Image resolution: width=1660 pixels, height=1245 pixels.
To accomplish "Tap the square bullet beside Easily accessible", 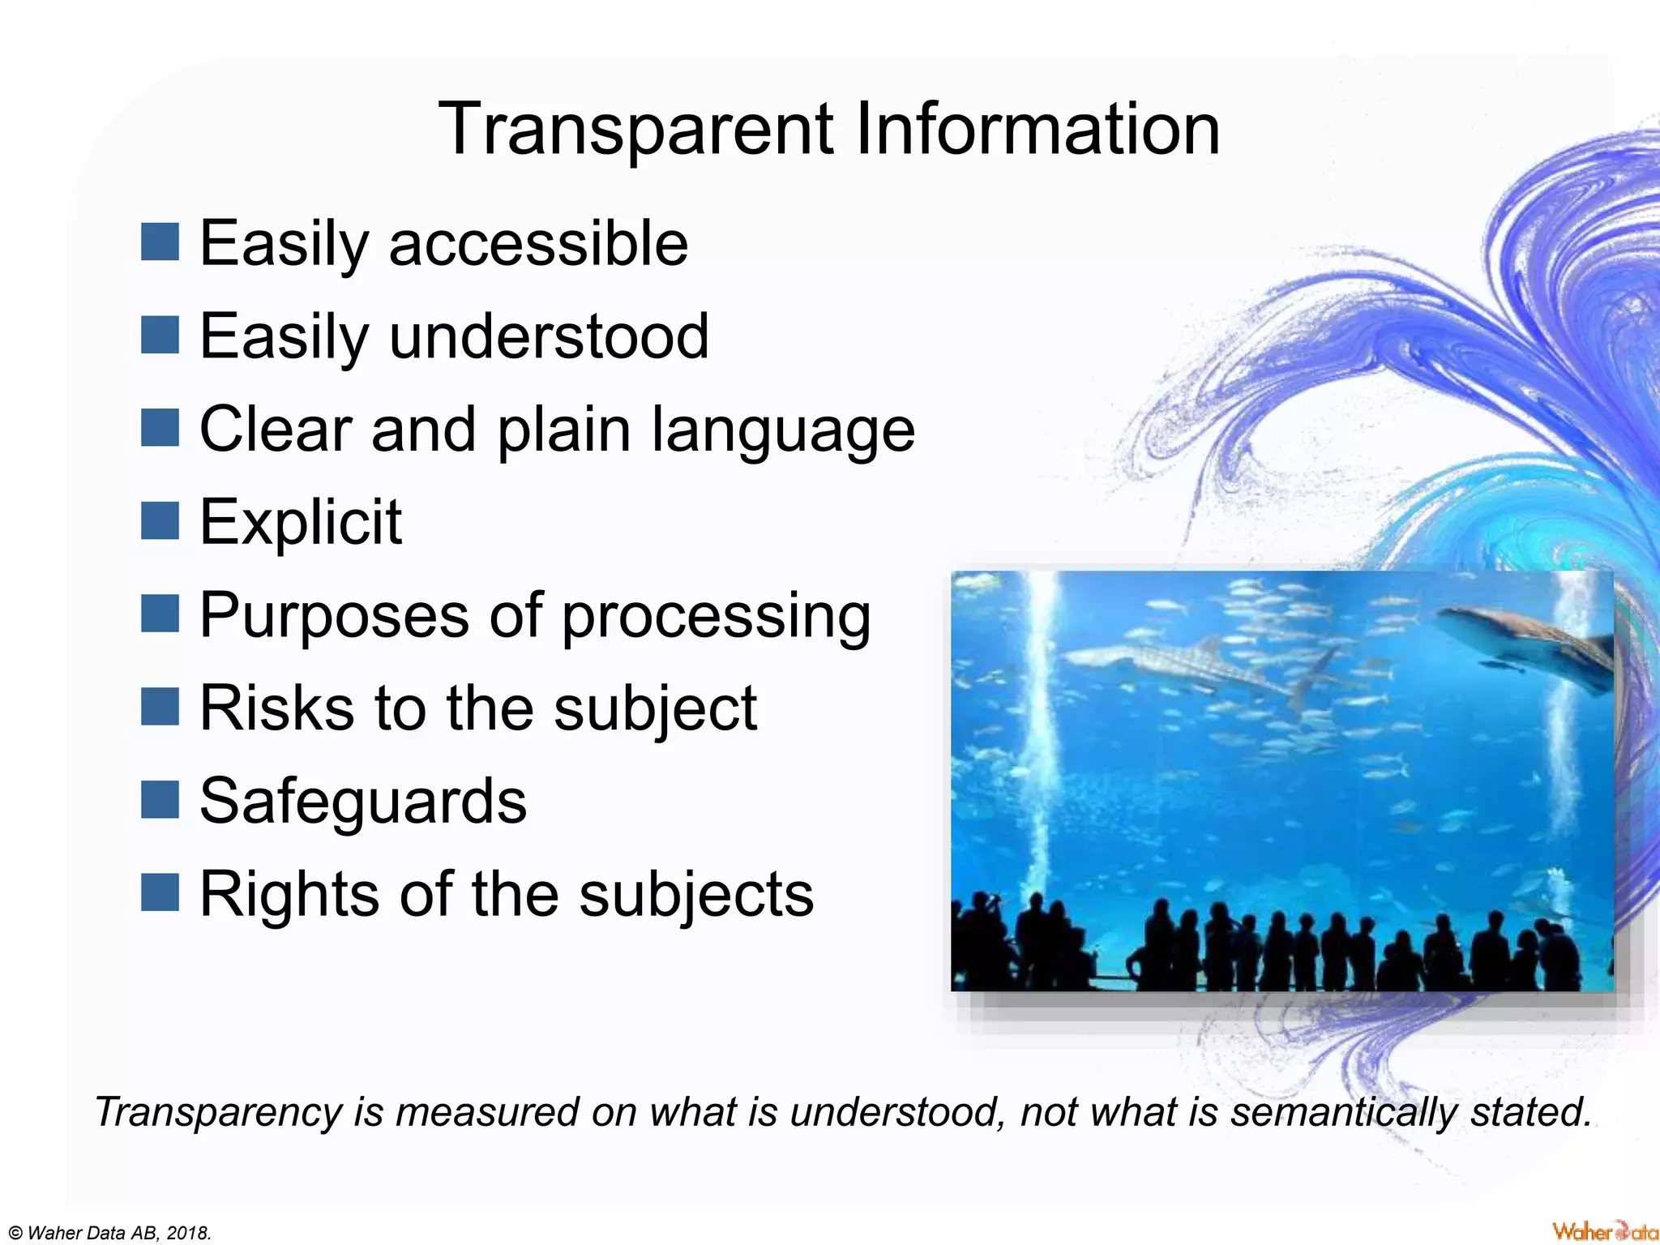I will [160, 242].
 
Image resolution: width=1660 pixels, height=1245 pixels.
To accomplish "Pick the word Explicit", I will [300, 522].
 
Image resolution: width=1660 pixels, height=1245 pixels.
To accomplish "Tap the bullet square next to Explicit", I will [160, 520].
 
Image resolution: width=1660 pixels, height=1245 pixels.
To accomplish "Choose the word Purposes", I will [334, 616].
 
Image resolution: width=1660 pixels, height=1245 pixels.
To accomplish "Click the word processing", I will [716, 618].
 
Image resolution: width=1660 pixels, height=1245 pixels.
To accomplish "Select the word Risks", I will [276, 708].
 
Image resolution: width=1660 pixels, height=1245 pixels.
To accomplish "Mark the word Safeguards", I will [363, 801].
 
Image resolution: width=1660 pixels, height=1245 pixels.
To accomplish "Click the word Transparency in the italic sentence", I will [218, 1112].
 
